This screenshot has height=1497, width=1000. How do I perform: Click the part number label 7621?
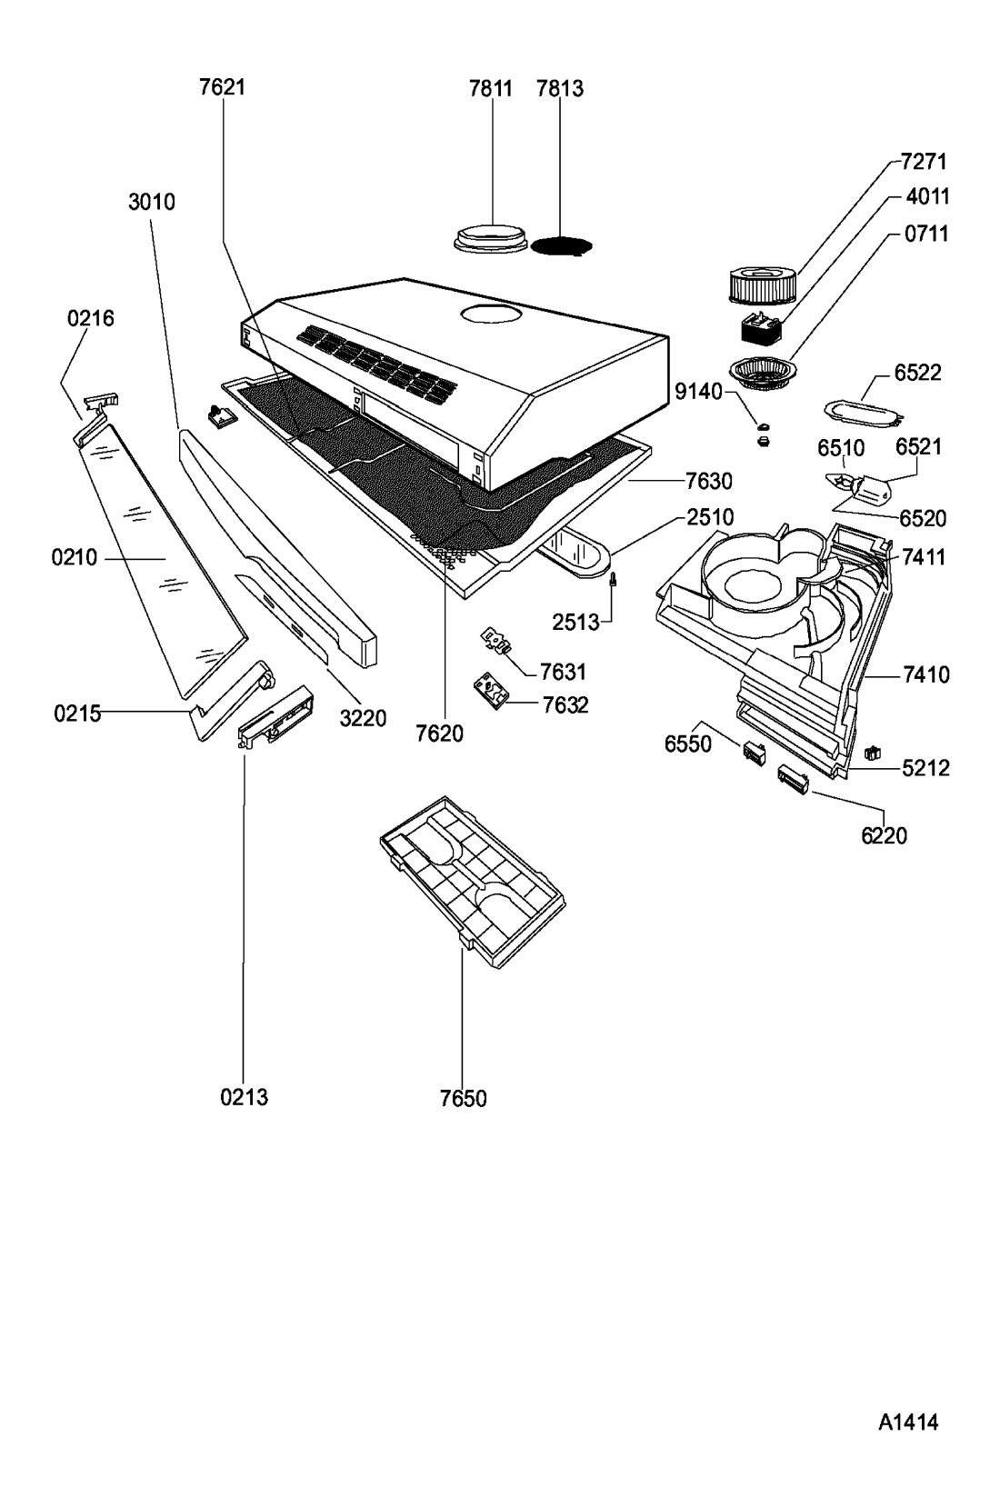222,87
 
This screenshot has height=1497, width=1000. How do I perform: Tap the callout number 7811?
491,88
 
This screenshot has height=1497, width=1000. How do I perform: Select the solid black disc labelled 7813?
562,246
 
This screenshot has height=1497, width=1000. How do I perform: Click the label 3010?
152,202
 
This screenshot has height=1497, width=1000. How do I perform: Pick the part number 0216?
91,318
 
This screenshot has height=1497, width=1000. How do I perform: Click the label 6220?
884,835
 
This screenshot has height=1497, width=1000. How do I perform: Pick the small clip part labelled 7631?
496,640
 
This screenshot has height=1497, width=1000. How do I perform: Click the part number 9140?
698,392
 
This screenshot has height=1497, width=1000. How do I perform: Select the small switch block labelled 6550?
754,753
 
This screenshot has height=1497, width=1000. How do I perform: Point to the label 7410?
925,675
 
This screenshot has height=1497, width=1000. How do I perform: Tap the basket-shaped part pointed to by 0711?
762,372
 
